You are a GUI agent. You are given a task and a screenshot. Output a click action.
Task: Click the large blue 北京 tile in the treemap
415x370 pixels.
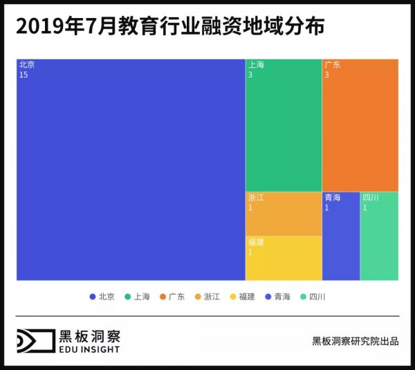pyautogui.click(x=131, y=169)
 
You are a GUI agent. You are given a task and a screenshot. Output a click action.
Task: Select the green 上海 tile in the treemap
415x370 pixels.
pyautogui.click(x=284, y=125)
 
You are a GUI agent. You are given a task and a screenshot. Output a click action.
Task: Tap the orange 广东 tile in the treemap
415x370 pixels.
pyautogui.click(x=360, y=125)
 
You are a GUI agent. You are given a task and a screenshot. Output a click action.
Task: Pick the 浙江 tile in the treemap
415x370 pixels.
pyautogui.click(x=284, y=214)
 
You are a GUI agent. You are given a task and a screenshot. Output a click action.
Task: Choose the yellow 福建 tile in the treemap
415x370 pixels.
pyautogui.click(x=284, y=258)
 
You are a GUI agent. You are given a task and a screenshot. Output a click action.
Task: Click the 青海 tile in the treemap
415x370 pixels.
pyautogui.click(x=341, y=236)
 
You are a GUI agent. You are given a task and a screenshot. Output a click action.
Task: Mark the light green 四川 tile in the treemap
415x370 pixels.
pyautogui.click(x=379, y=236)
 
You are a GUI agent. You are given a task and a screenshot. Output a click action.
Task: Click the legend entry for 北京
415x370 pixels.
pyautogui.click(x=102, y=297)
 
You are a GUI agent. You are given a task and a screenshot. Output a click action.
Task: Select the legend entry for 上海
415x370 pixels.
pyautogui.click(x=138, y=297)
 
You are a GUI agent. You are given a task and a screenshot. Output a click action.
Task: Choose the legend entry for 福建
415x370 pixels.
pyautogui.click(x=243, y=297)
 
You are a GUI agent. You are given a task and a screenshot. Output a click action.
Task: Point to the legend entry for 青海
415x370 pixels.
pyautogui.click(x=278, y=297)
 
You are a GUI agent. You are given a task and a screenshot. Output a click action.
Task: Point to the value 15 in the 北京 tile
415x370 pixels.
pyautogui.click(x=24, y=75)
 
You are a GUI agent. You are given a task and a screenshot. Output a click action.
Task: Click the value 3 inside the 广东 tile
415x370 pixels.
pyautogui.click(x=327, y=75)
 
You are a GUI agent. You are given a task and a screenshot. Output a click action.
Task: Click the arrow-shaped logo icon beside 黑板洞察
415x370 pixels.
pyautogui.click(x=35, y=341)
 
